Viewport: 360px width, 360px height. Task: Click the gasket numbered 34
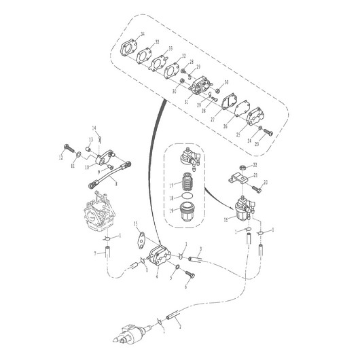coord(129,51)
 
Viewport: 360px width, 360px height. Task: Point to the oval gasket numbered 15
coord(142,237)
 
